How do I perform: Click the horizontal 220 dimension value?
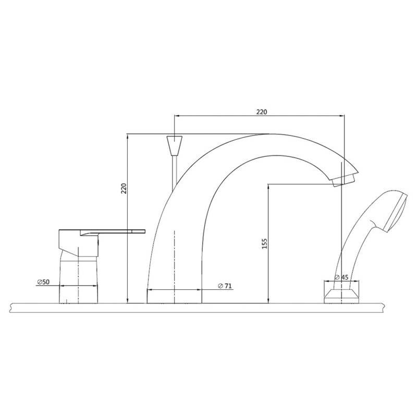tap(262, 112)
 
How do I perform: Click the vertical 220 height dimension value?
tap(124, 188)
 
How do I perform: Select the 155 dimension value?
tap(264, 243)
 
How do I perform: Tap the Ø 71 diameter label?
tap(225, 286)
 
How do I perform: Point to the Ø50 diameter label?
tap(43, 282)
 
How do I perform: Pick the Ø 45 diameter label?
tap(341, 277)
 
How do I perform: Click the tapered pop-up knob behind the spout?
tap(175, 145)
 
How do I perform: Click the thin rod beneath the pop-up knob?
tap(175, 173)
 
